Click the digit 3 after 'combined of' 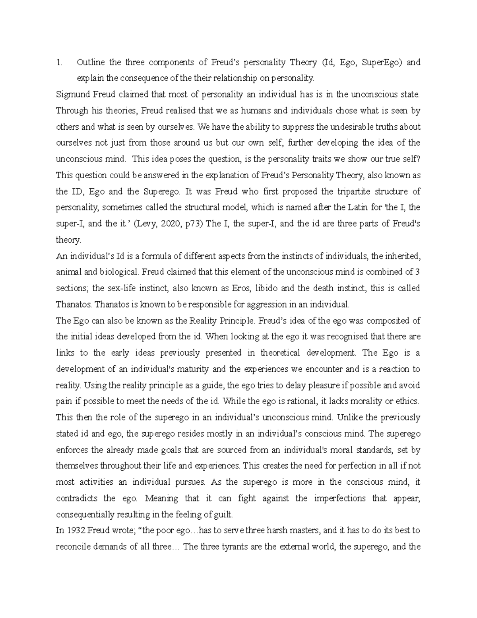coord(417,272)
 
